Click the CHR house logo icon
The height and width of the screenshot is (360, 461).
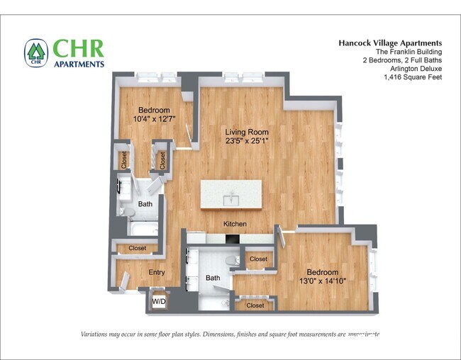point(35,52)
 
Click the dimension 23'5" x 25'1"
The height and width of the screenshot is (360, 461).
point(248,141)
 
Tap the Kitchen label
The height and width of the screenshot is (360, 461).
point(235,224)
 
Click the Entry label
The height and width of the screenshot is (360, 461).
point(157,272)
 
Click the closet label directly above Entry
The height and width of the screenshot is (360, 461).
point(138,248)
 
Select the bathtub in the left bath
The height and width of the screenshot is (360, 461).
point(145,227)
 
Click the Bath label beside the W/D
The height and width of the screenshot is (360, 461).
point(213,278)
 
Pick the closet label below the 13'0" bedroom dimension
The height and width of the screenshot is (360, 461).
point(255,305)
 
